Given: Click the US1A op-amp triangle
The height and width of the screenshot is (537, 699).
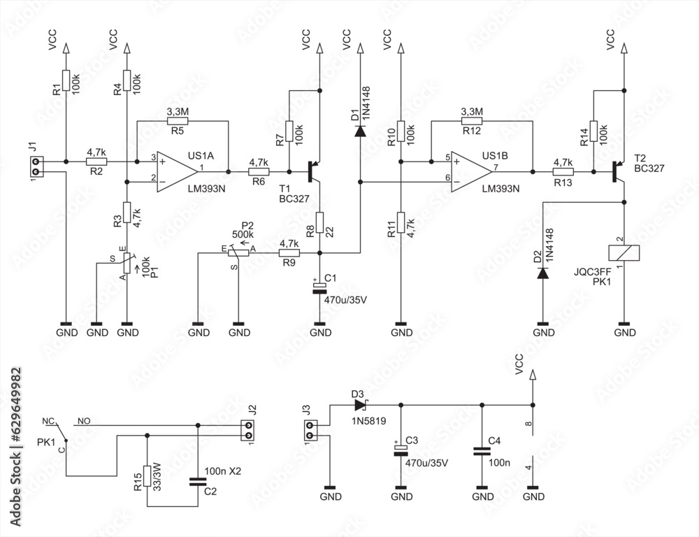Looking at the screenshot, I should coord(175,171).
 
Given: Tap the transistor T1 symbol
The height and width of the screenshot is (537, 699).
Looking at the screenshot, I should coord(312,171).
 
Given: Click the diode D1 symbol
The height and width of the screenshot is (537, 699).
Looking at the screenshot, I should coord(359,131).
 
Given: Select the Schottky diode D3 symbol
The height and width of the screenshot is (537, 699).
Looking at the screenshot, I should coord(360,405).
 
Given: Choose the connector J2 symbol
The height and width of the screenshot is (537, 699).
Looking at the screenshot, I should coord(245,430).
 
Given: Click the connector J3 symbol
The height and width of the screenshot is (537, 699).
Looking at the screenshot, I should coord(312,430).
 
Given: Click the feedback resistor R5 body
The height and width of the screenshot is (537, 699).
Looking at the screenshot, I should coord(178,120).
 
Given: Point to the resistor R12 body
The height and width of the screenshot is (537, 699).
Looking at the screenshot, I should coord(473,120).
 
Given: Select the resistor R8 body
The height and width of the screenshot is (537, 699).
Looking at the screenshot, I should coord(319,222).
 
